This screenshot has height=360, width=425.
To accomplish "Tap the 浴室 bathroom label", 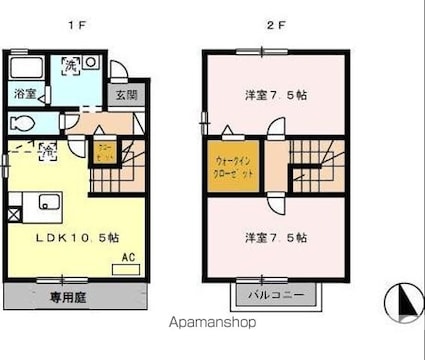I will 23,95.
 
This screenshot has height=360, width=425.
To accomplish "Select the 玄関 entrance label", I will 125,95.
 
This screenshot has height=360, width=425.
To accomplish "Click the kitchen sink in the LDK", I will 48,203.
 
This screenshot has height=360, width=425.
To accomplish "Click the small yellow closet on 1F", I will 106,154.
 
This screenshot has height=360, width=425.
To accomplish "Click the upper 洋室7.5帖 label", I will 276,96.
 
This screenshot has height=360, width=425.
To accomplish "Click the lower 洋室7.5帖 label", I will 276,238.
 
